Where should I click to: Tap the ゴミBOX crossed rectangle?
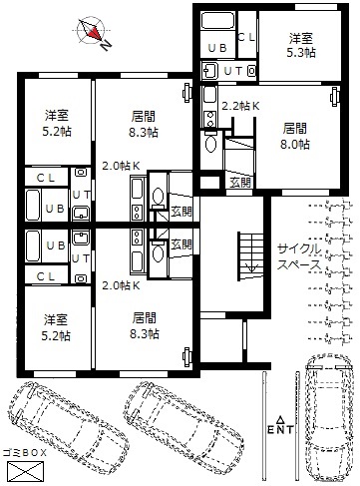click(26, 471)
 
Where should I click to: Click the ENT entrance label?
click(281, 429)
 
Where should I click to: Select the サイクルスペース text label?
click(299, 256)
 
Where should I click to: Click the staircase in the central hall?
click(250, 256)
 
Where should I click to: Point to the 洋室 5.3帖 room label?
click(301, 46)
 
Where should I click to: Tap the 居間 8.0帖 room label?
click(295, 137)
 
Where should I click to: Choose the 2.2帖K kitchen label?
click(240, 106)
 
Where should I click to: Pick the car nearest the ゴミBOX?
click(68, 427)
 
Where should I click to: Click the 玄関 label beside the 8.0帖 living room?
click(240, 183)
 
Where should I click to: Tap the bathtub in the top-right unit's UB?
click(217, 21)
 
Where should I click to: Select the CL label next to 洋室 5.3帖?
click(246, 37)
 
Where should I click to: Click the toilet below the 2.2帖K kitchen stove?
click(210, 142)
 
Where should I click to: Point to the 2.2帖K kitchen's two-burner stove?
click(209, 119)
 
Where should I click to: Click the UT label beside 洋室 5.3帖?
click(233, 71)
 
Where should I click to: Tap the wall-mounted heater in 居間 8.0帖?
click(335, 97)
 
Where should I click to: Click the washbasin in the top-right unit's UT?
click(209, 71)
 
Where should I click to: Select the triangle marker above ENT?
click(281, 419)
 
